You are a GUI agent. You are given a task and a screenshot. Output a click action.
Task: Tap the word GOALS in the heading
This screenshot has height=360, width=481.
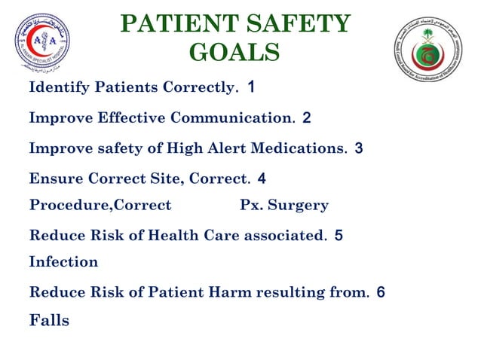click(234, 53)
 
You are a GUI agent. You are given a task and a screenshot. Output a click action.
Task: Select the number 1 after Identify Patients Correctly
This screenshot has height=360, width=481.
click(251, 87)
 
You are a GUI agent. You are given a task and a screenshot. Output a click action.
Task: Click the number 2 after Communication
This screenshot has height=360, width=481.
click(306, 118)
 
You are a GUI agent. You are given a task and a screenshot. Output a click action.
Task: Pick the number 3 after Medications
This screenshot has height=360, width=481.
click(358, 148)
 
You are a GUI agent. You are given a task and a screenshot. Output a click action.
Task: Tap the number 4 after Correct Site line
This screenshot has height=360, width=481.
click(261, 179)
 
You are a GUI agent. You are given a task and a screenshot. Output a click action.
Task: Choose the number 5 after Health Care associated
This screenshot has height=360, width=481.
click(339, 236)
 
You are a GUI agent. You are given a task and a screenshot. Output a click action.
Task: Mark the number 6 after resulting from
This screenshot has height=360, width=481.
click(381, 292)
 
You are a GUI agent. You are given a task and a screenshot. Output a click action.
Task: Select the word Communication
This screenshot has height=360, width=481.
click(231, 118)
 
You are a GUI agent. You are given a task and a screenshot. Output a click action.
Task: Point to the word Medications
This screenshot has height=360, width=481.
click(300, 148)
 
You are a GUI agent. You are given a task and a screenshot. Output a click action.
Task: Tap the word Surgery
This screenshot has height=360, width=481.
click(300, 206)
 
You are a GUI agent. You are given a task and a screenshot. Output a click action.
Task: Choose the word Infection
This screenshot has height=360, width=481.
click(63, 262)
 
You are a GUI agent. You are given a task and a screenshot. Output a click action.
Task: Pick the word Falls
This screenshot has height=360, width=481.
click(49, 320)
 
